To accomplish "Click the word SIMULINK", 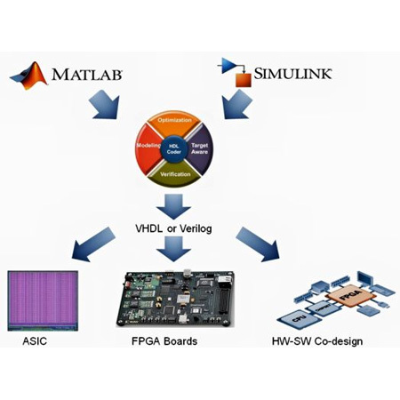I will coord(294,72).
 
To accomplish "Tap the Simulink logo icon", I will coord(236,73).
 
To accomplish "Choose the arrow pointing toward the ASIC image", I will coord(97,241).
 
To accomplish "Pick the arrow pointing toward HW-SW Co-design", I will coord(258,242).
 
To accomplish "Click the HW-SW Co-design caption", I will coord(318,341).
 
